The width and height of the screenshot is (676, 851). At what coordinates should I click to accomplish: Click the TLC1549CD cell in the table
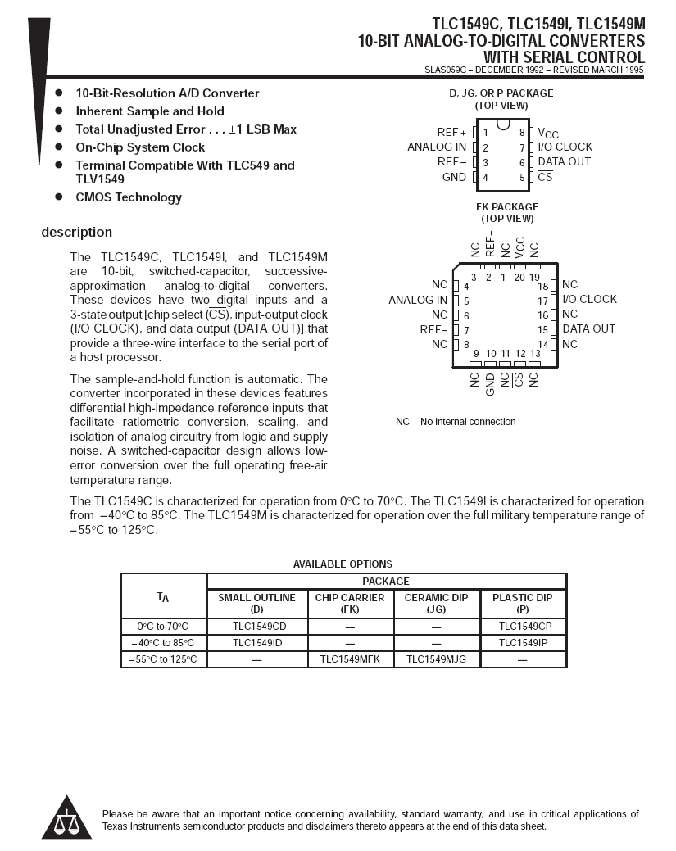(x=259, y=627)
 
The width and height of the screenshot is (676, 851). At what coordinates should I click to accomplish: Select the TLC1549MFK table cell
(x=349, y=659)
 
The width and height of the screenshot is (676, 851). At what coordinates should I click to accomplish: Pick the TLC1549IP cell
(x=522, y=643)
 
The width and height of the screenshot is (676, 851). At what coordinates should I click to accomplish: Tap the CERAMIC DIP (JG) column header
(x=436, y=603)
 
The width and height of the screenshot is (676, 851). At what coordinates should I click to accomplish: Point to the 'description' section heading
(x=77, y=232)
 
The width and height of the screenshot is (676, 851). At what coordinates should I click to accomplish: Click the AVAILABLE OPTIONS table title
(x=343, y=564)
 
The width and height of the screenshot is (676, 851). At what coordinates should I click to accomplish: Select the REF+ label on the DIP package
(x=451, y=132)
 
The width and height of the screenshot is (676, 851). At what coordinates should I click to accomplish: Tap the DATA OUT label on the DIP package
(x=564, y=161)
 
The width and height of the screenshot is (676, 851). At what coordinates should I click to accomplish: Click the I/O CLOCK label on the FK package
(x=589, y=299)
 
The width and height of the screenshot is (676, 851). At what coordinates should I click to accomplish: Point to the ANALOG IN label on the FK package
(x=418, y=300)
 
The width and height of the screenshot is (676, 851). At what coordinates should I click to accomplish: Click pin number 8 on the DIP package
(x=521, y=133)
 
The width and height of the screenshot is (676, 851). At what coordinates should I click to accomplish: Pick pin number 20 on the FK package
(x=519, y=277)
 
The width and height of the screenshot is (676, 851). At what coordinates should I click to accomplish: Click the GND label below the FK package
(x=490, y=384)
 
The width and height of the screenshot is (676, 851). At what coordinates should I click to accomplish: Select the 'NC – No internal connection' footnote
(x=456, y=422)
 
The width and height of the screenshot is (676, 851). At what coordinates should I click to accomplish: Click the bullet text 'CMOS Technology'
(x=129, y=197)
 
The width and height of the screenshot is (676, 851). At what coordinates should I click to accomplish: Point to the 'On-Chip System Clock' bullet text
(x=140, y=147)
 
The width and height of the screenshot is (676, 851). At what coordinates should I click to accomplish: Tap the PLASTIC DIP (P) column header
(x=522, y=603)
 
